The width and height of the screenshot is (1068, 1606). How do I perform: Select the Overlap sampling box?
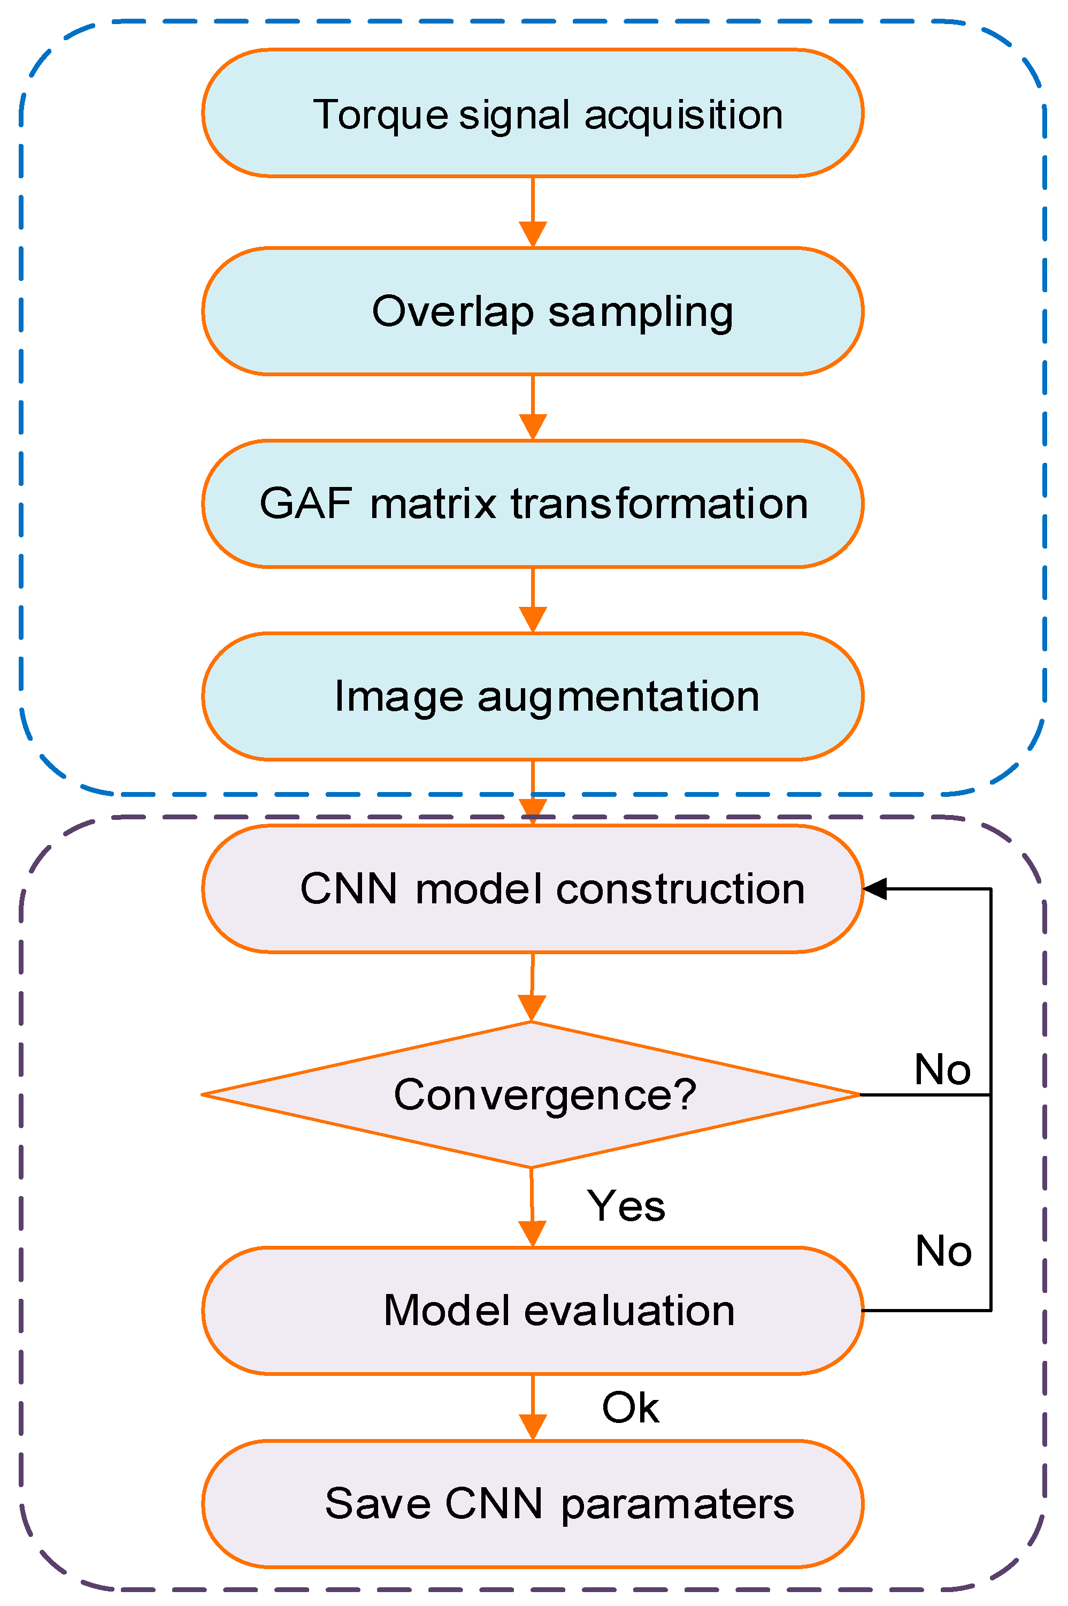(533, 311)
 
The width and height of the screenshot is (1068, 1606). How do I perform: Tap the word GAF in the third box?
(305, 504)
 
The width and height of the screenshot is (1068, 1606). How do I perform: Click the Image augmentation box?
(533, 696)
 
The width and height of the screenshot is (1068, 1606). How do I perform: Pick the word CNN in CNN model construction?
(348, 889)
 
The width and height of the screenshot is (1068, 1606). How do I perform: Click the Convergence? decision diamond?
(531, 1095)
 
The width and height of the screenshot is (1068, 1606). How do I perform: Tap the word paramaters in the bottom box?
(677, 1504)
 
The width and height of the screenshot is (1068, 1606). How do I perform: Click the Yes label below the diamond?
(625, 1205)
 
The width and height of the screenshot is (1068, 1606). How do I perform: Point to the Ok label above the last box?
(630, 1407)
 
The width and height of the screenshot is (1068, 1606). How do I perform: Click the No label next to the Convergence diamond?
(942, 1069)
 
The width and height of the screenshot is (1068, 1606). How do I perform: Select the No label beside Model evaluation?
(943, 1251)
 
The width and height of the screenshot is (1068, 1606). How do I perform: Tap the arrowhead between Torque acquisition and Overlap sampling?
(533, 234)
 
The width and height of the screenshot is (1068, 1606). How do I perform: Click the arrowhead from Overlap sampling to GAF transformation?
(533, 427)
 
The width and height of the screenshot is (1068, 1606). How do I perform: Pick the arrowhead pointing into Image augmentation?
(533, 619)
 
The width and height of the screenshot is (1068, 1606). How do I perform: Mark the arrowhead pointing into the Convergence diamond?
(532, 1008)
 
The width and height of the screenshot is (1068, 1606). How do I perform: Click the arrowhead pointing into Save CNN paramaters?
(533, 1427)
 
